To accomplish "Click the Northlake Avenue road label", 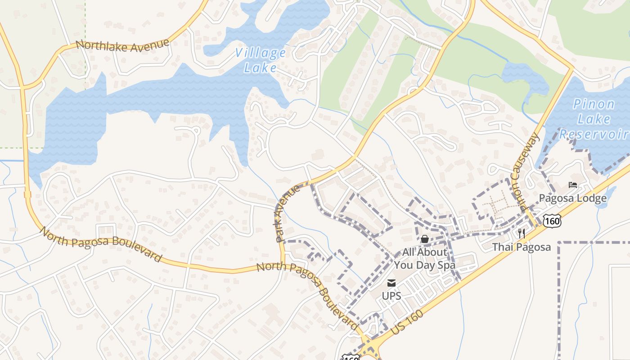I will point(122,45).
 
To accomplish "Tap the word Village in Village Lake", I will point(260,54).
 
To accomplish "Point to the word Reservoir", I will point(594,134).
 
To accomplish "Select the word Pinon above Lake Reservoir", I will point(594,105).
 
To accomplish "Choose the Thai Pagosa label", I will point(521,247).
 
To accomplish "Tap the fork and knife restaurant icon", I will point(521,233).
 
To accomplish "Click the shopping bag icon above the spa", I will point(424,239).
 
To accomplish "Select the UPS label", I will point(391,296).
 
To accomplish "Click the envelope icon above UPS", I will point(391,283).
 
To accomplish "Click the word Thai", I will point(502,247).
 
